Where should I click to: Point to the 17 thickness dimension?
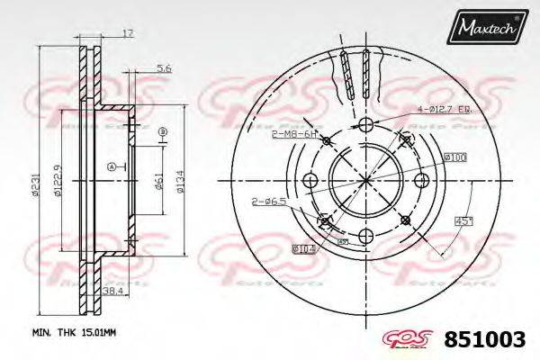click(128, 33)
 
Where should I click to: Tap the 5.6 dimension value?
click(163, 68)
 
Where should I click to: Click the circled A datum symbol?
click(111, 166)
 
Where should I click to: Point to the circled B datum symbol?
click(163, 133)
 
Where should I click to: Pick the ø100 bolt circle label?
click(453, 158)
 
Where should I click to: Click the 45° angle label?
click(463, 222)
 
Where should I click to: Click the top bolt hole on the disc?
click(365, 126)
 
